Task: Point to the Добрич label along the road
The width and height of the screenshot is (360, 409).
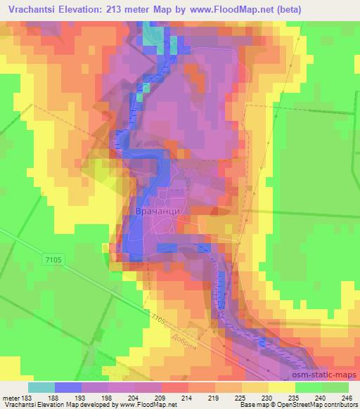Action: coord(188,337)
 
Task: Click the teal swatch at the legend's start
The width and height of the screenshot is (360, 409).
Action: coord(41,387)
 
